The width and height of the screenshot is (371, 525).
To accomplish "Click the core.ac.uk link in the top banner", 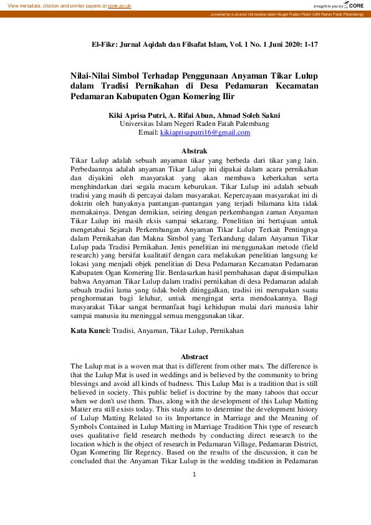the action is click(119, 5).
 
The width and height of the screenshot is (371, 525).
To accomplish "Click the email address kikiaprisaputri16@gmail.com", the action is click(205, 133).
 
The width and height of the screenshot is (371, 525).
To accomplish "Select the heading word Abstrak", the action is click(194, 151).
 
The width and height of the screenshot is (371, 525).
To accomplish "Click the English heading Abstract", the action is click(194, 357).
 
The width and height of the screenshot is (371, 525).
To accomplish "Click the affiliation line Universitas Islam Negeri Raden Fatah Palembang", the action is click(194, 124).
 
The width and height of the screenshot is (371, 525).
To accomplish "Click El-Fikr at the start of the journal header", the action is click(105, 45).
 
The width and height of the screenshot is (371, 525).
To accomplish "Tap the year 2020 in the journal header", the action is click(284, 45).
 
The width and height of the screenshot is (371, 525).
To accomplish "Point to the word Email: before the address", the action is click(148, 133).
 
